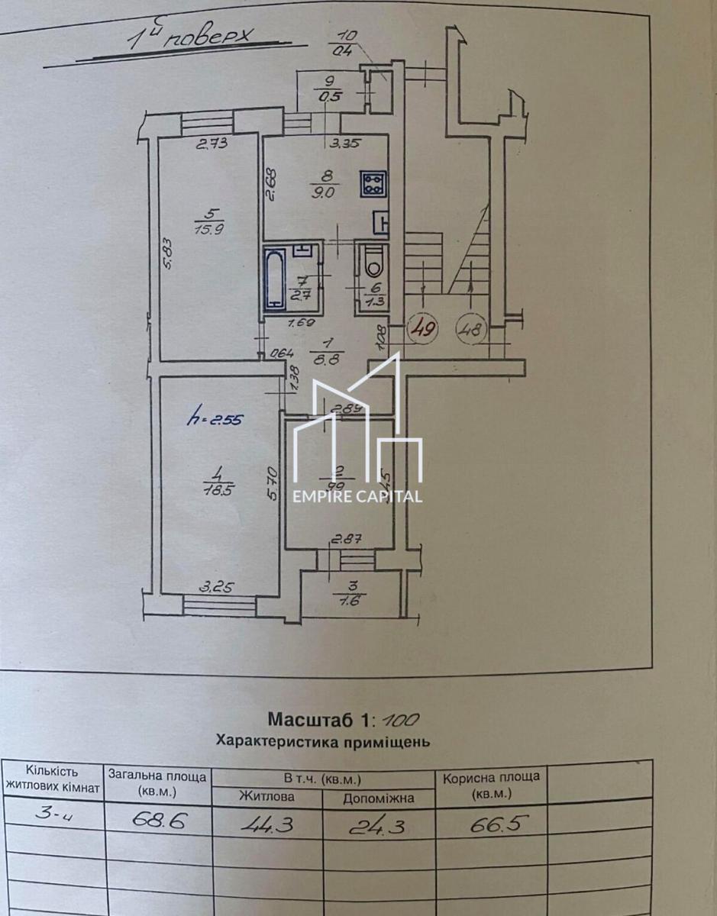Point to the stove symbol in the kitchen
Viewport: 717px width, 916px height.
click(375, 182)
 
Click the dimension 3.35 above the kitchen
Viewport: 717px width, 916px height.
click(346, 142)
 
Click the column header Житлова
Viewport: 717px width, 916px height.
click(266, 797)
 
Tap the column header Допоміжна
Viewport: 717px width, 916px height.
click(378, 798)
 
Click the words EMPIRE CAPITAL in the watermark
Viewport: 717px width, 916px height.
click(357, 496)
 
